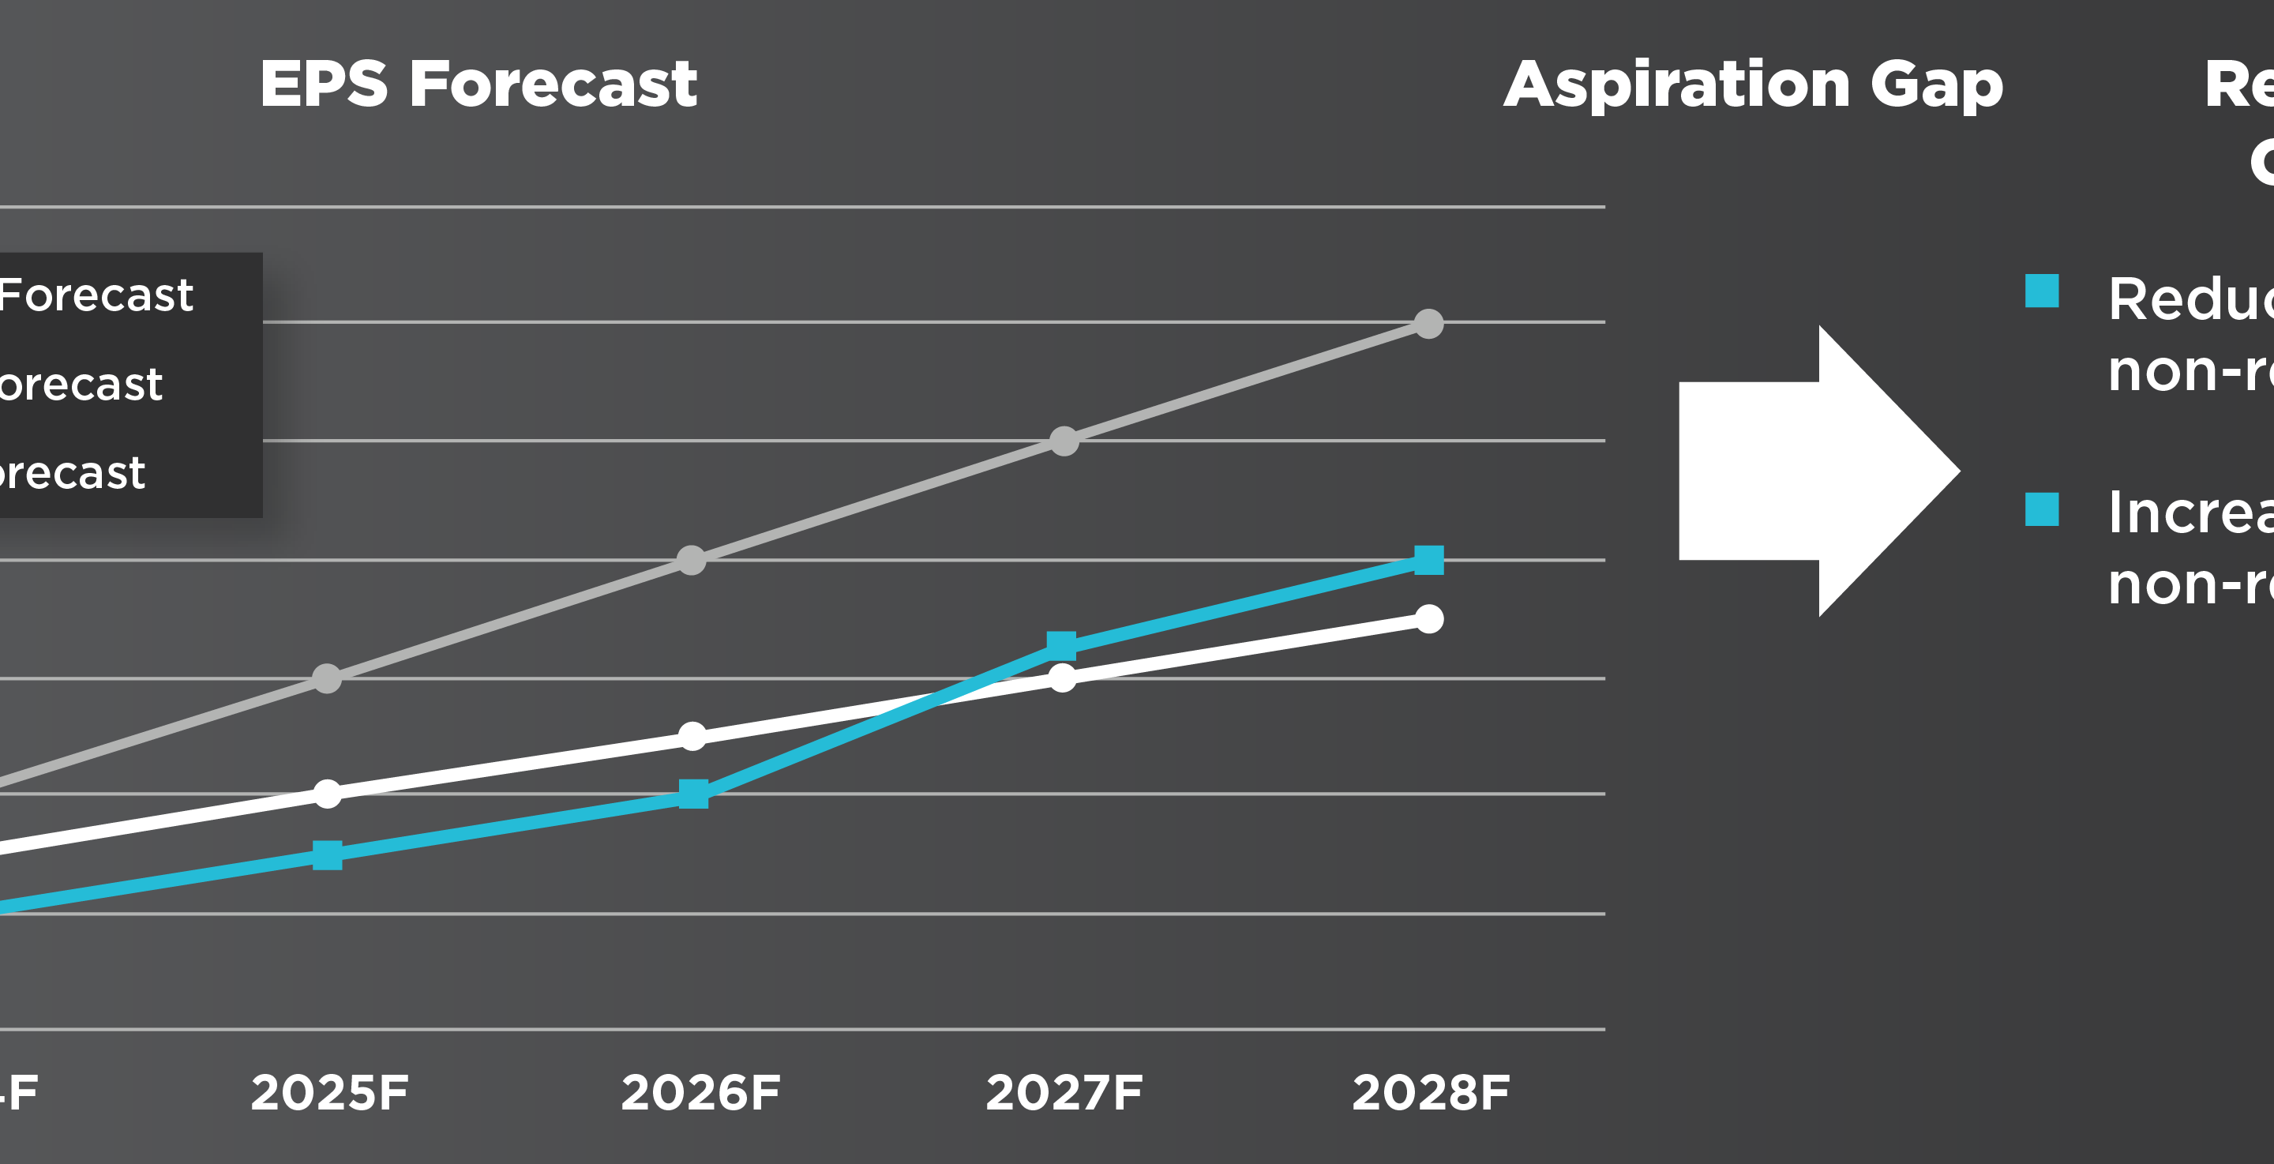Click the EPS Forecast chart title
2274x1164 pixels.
tap(478, 84)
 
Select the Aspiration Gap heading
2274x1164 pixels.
tap(1753, 87)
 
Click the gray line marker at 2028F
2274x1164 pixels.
tap(1429, 324)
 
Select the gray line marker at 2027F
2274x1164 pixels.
tap(1064, 441)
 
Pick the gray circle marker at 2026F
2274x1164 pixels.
tap(691, 560)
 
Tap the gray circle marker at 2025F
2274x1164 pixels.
tap(328, 678)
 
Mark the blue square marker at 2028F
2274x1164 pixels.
tap(1429, 560)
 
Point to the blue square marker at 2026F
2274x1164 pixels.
tap(694, 794)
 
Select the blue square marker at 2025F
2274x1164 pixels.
tap(328, 855)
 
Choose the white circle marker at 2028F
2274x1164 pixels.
tap(1429, 619)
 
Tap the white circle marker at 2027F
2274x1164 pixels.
tap(1062, 678)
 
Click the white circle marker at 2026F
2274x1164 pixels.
tap(693, 736)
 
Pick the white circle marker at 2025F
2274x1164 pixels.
tap(328, 794)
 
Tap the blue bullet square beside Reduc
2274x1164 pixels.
tap(2042, 291)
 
